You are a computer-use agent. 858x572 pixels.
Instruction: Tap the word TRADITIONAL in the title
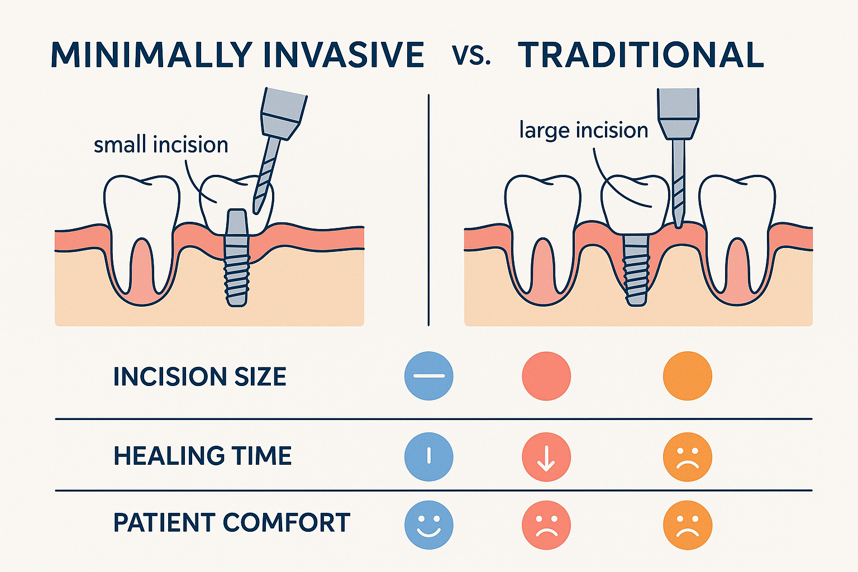(x=641, y=55)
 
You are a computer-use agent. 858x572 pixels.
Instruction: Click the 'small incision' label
(x=161, y=145)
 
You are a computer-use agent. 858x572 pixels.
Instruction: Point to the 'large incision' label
(x=583, y=130)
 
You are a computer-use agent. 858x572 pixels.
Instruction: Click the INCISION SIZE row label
(x=199, y=377)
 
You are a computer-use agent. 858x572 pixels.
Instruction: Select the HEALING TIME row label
(x=202, y=456)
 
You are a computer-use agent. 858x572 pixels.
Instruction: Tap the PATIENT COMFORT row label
(x=231, y=523)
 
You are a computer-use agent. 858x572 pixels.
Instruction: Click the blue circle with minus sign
(x=428, y=376)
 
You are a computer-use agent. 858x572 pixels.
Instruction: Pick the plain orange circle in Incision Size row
(x=687, y=376)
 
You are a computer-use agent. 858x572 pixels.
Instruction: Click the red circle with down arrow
(x=546, y=457)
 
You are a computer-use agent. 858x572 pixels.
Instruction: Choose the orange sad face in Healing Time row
(x=687, y=457)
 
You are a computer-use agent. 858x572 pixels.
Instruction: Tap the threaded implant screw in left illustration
(x=236, y=263)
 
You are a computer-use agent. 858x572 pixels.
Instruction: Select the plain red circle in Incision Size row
(x=546, y=376)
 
